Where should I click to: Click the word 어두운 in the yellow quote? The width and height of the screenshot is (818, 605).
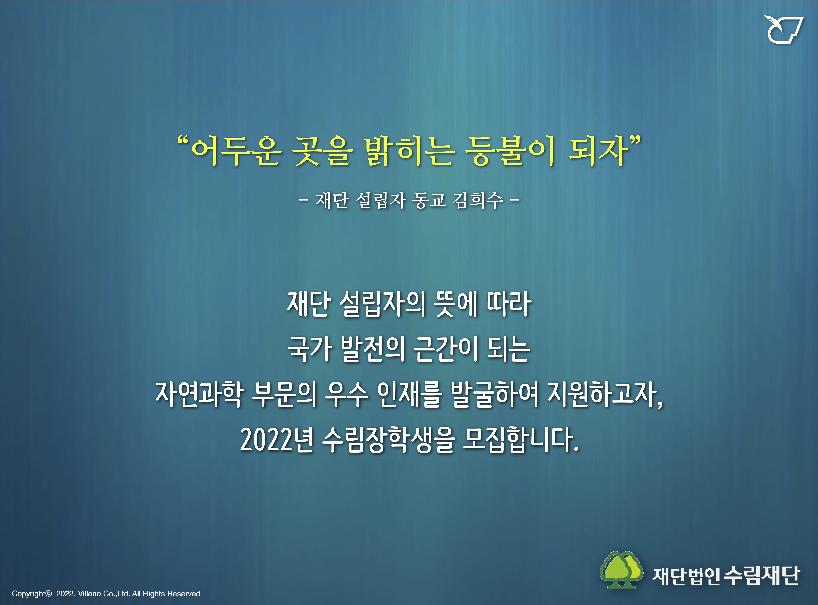(x=236, y=151)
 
